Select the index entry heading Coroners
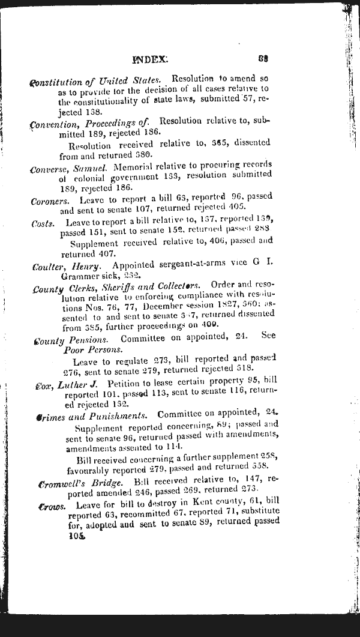[50, 201]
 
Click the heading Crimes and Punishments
[91, 416]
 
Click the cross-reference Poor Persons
[93, 350]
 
